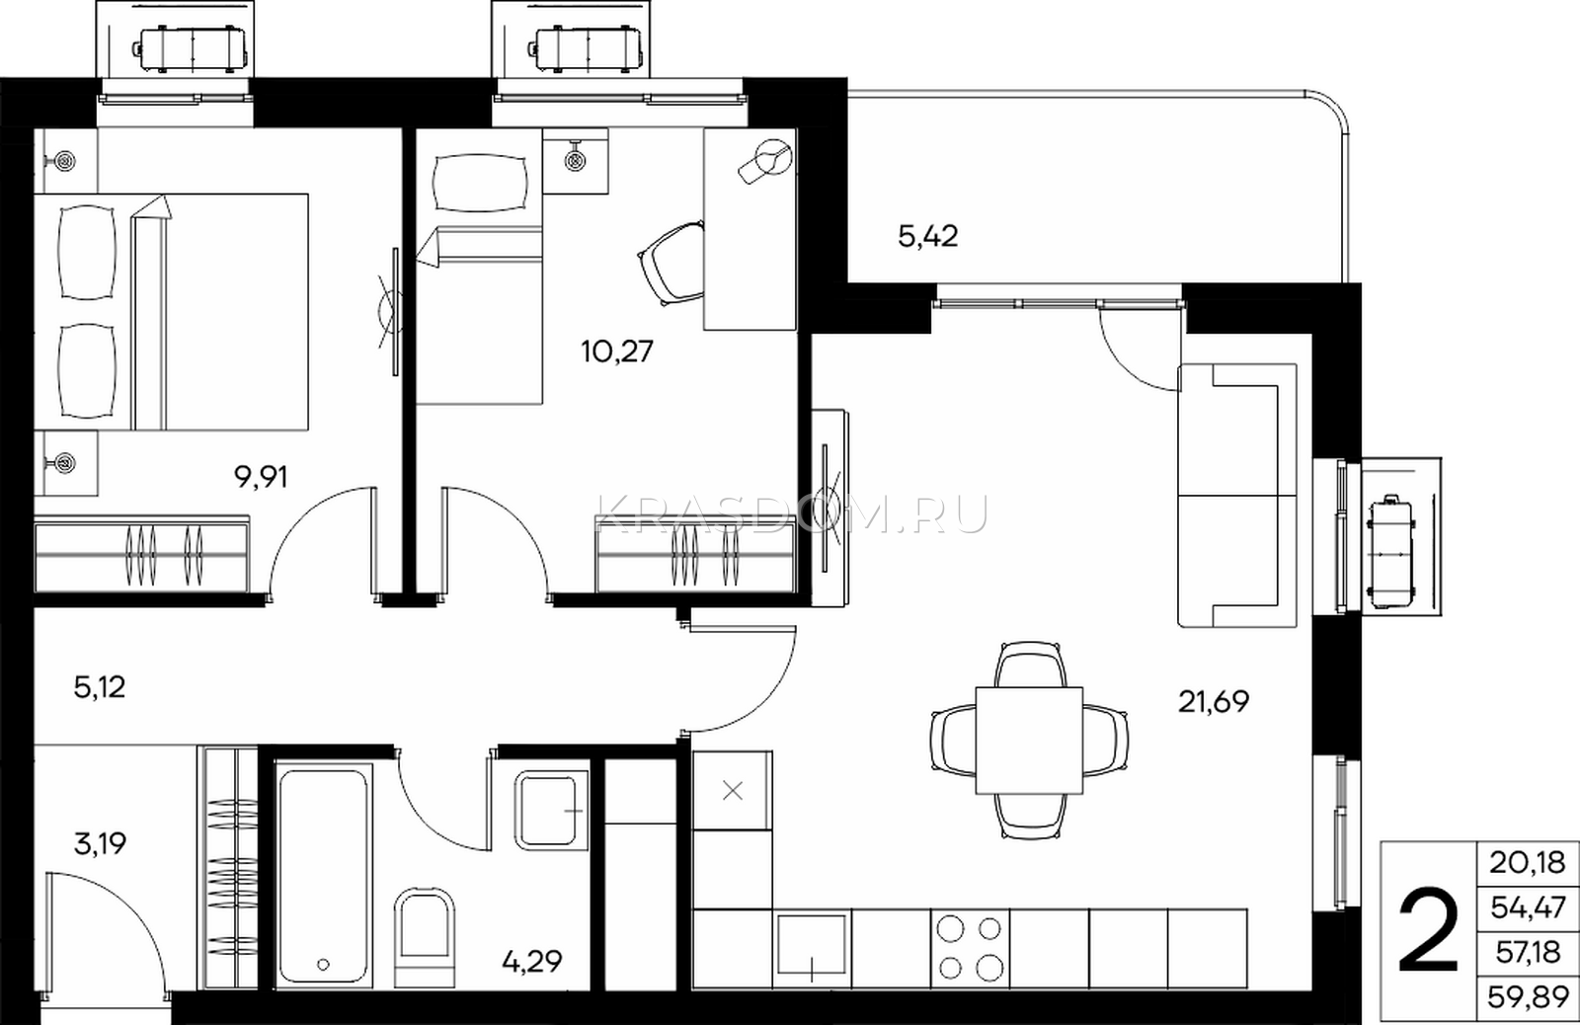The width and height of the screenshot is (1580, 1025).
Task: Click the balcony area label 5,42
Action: point(928,236)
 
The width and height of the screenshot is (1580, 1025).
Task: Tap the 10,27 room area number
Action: point(617,351)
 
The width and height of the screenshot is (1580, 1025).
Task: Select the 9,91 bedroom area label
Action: point(261,478)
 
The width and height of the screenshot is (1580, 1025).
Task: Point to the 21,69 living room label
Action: point(1214,701)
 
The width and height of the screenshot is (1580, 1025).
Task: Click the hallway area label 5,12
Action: point(100,686)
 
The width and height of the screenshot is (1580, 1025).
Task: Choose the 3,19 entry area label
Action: point(100,843)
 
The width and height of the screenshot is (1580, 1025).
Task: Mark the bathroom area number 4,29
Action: point(532,961)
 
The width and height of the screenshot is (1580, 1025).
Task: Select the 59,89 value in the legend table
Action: point(1528,997)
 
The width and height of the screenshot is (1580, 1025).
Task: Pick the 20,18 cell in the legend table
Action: point(1528,862)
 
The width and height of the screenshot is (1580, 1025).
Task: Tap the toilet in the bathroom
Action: point(424,937)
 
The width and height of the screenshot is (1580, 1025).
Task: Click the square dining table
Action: point(1029,740)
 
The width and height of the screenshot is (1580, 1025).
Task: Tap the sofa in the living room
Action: point(1237,495)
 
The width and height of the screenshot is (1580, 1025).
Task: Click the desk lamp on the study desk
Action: point(766,162)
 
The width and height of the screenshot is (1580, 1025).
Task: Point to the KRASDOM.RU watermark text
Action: point(791,514)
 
